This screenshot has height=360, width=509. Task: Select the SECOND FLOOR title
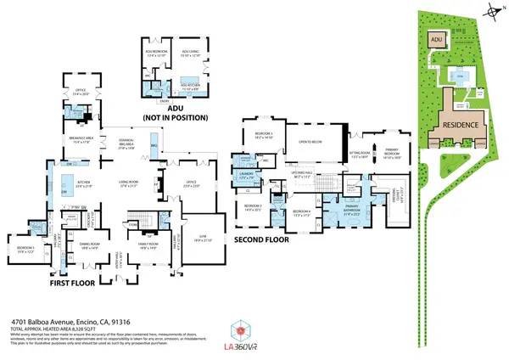[x=261, y=239]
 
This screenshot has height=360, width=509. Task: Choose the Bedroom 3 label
[x=265, y=134]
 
